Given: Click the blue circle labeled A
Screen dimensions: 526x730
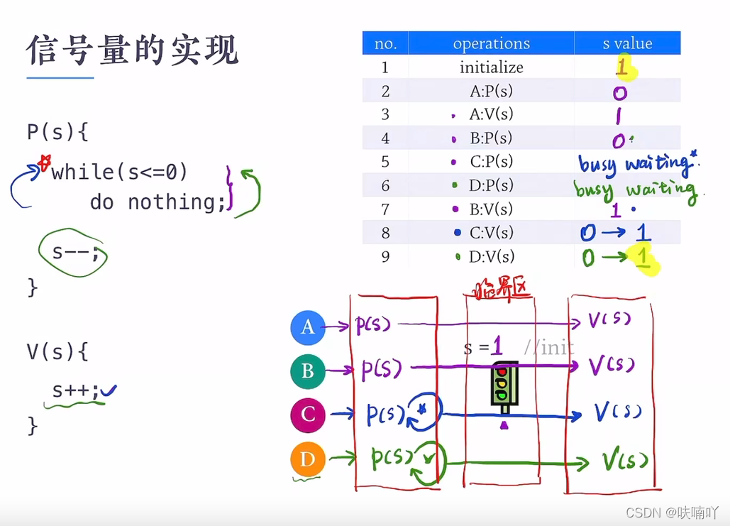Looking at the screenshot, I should pyautogui.click(x=308, y=327).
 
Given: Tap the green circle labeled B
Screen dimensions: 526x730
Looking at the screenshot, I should pyautogui.click(x=308, y=371).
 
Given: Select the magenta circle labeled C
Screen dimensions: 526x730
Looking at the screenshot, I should pyautogui.click(x=308, y=415).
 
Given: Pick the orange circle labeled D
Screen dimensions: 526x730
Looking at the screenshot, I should pyautogui.click(x=308, y=459).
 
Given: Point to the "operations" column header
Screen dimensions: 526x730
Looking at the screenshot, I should pyautogui.click(x=491, y=44).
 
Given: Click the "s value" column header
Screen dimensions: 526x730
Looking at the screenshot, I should pyautogui.click(x=627, y=44).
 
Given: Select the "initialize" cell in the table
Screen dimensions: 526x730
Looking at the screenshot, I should pyautogui.click(x=491, y=67).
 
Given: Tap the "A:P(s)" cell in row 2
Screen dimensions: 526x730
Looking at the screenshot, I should pyautogui.click(x=491, y=91).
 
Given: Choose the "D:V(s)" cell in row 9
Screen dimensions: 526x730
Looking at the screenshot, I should pyautogui.click(x=491, y=256).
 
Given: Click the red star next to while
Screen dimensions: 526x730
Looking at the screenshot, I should pyautogui.click(x=45, y=163).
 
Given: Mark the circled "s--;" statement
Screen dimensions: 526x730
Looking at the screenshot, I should pyautogui.click(x=73, y=251).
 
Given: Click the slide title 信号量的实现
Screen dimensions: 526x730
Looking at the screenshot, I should pyautogui.click(x=133, y=51).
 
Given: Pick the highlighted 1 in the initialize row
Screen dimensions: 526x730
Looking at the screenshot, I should pyautogui.click(x=623, y=68).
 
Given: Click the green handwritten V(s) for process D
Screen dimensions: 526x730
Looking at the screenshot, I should pyautogui.click(x=625, y=461).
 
